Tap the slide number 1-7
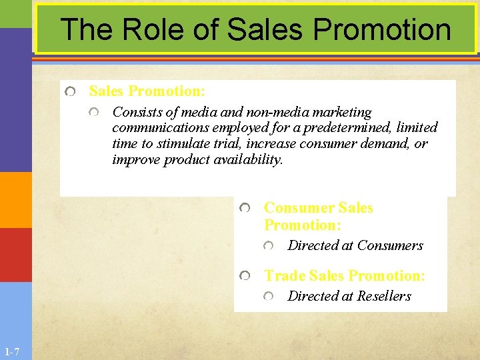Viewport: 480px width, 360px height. (x=11, y=351)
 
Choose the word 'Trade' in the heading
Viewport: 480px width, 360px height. (x=285, y=276)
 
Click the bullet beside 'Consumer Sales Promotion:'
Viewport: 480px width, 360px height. (x=245, y=209)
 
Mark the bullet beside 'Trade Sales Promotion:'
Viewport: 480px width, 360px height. (x=245, y=276)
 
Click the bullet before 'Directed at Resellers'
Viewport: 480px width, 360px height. (x=268, y=297)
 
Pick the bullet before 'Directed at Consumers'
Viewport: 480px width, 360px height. (x=268, y=246)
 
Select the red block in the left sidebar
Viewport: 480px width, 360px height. (x=15, y=255)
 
